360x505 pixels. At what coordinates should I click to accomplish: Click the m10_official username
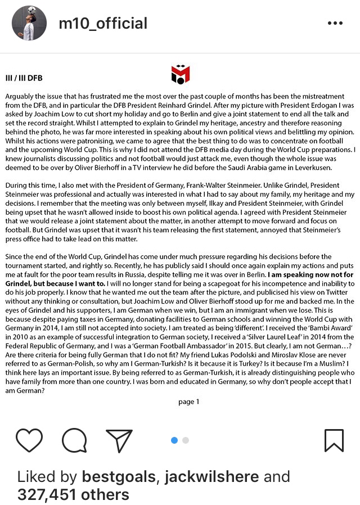tap(103, 24)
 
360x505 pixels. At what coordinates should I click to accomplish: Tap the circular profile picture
tap(29, 24)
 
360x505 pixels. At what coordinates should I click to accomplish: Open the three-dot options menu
tap(335, 24)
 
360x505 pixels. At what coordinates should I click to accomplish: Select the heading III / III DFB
tap(24, 78)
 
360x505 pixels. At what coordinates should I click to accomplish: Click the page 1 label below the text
tap(188, 402)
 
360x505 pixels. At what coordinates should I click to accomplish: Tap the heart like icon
tap(29, 440)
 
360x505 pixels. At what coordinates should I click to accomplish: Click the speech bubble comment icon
tap(74, 440)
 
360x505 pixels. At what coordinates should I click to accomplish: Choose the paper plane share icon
tap(119, 440)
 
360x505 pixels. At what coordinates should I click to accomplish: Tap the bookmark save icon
tap(334, 440)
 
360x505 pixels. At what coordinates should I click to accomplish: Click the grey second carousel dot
tap(186, 440)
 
